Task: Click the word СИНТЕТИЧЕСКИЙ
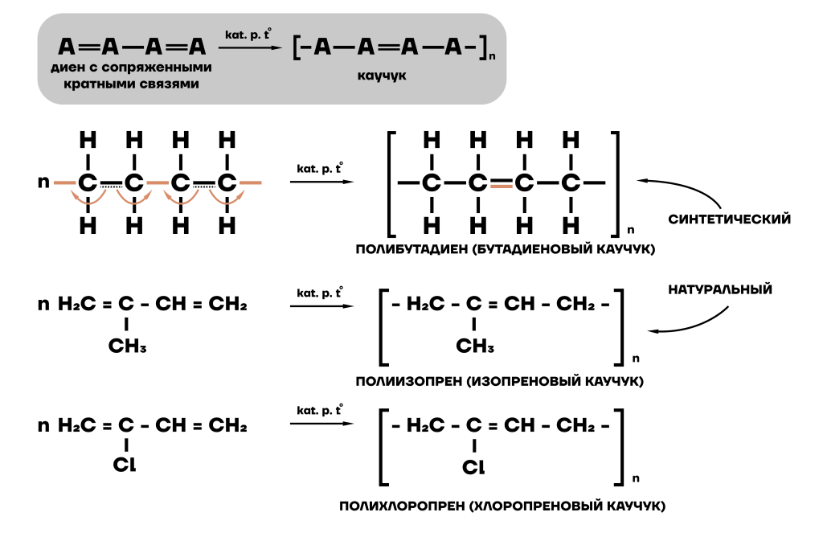coord(730,219)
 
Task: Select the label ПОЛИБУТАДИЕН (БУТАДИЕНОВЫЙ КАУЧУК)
coord(506,251)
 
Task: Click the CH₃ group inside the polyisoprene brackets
coord(475,346)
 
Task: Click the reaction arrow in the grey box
coord(251,48)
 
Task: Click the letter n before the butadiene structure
coord(43,182)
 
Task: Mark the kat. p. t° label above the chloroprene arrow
coord(320,410)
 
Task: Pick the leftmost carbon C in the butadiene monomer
coord(88,182)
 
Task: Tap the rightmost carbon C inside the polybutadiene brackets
coord(571,183)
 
